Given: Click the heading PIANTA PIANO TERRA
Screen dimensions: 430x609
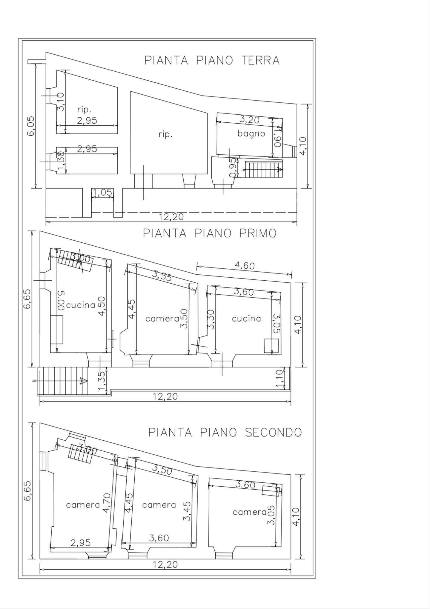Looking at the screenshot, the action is pos(212,60).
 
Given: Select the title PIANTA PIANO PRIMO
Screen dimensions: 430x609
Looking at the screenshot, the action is pos(210,233).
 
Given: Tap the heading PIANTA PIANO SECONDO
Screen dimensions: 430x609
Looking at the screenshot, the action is pos(225,432).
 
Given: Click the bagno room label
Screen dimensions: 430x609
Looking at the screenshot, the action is pos(251,133).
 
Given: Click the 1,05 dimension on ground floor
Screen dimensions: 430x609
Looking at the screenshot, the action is pos(102,193).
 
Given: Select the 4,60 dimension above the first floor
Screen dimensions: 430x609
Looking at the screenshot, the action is pos(245,266).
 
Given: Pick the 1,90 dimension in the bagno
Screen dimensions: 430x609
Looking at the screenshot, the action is pos(278,137).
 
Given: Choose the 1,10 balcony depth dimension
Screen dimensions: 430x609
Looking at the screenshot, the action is pos(279,379).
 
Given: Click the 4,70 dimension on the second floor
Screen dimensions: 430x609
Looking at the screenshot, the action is pos(107,503).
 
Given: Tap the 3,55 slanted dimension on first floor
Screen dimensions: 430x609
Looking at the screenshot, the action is pos(162,276).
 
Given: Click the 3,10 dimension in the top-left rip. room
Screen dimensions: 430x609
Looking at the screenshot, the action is pos(61,102).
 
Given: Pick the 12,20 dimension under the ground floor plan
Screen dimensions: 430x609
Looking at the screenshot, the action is pos(171,217).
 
